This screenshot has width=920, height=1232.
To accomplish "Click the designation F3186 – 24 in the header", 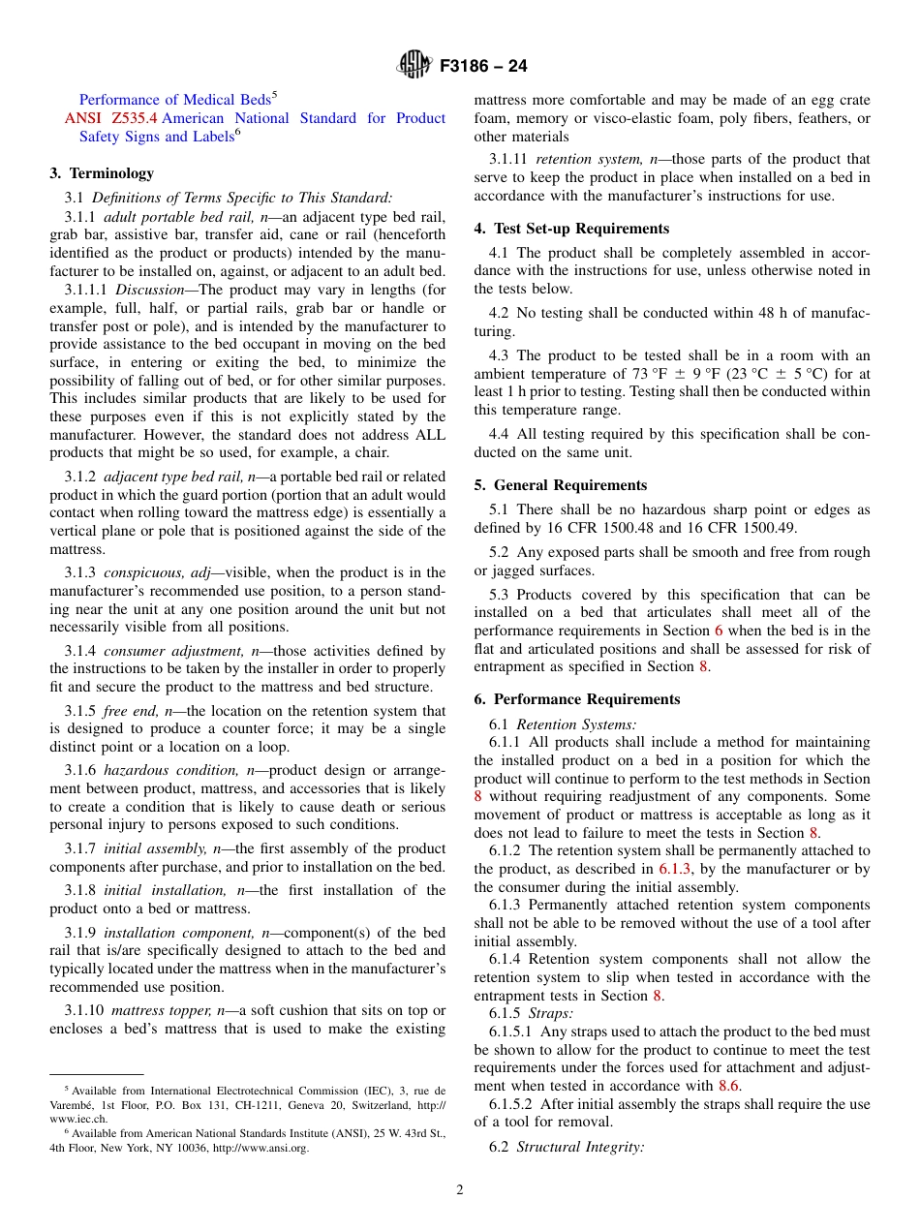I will pyautogui.click(x=483, y=67).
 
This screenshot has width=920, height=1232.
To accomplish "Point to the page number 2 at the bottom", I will pyautogui.click(x=460, y=1190).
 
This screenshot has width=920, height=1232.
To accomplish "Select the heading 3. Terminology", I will pyautogui.click(x=102, y=173).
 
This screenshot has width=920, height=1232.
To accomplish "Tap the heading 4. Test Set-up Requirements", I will pyautogui.click(x=571, y=229).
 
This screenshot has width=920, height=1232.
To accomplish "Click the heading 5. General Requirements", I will pyautogui.click(x=561, y=485).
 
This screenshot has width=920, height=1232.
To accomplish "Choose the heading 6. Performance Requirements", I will pyautogui.click(x=577, y=699).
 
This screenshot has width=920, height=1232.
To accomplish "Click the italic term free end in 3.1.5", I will pyautogui.click(x=130, y=711).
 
